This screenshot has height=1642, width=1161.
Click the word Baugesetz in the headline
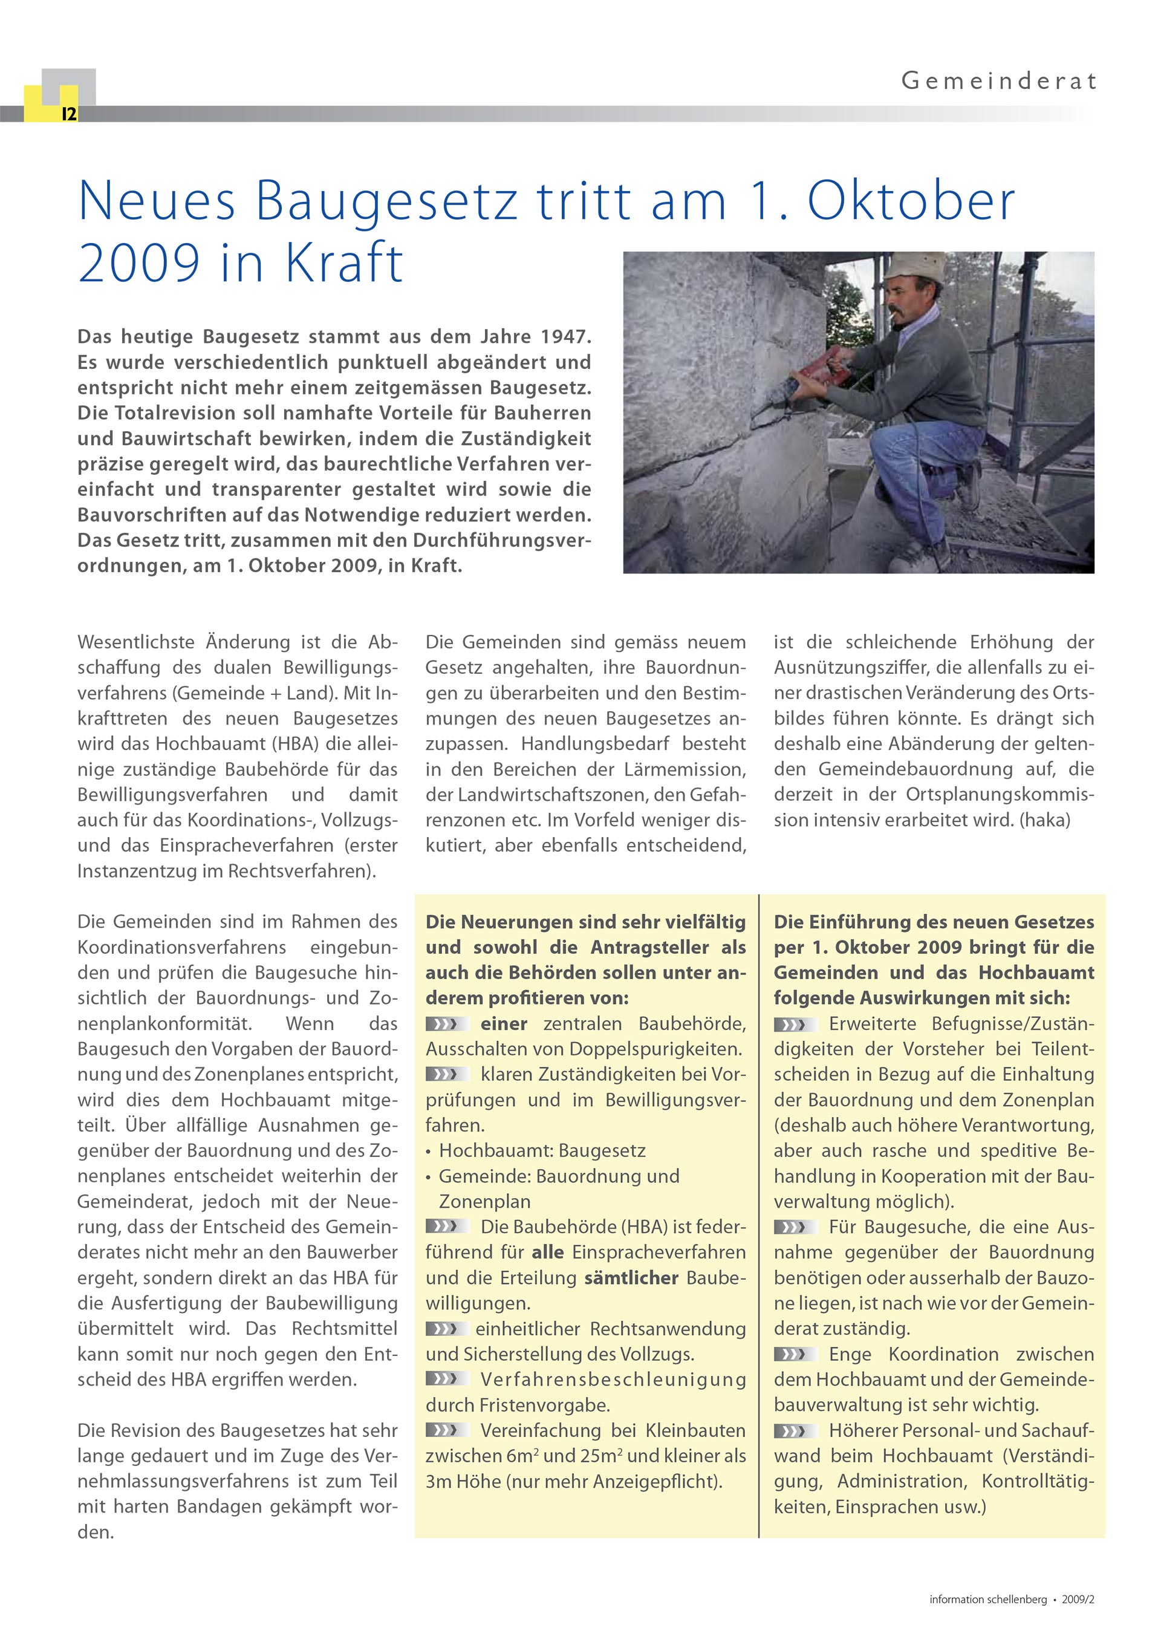(386, 201)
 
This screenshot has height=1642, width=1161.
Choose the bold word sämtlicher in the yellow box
(631, 1278)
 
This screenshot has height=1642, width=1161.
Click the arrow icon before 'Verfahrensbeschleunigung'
(447, 1379)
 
